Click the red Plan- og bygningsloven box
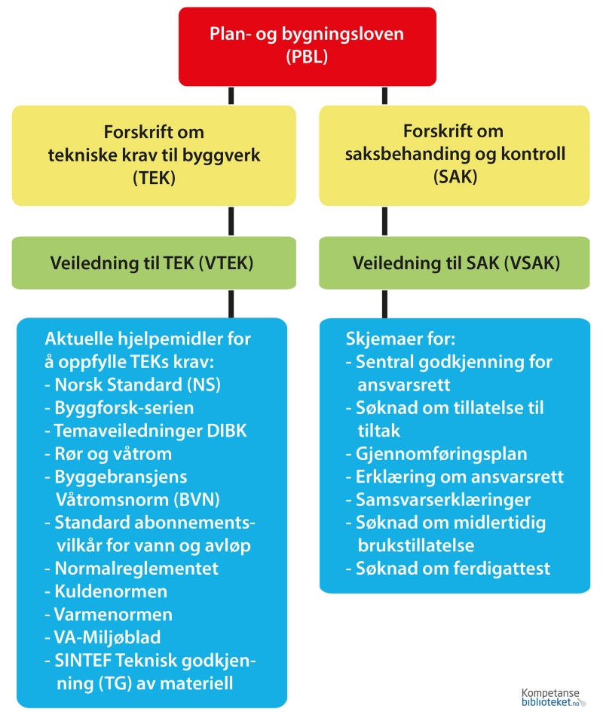point(307,46)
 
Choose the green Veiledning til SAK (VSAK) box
point(454,263)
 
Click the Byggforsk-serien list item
point(124,408)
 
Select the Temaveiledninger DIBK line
point(151,431)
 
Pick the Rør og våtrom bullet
point(113,454)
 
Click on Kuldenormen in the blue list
point(110,591)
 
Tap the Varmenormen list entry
point(113,614)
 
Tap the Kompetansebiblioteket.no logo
point(553,697)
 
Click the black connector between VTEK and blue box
point(231,304)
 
